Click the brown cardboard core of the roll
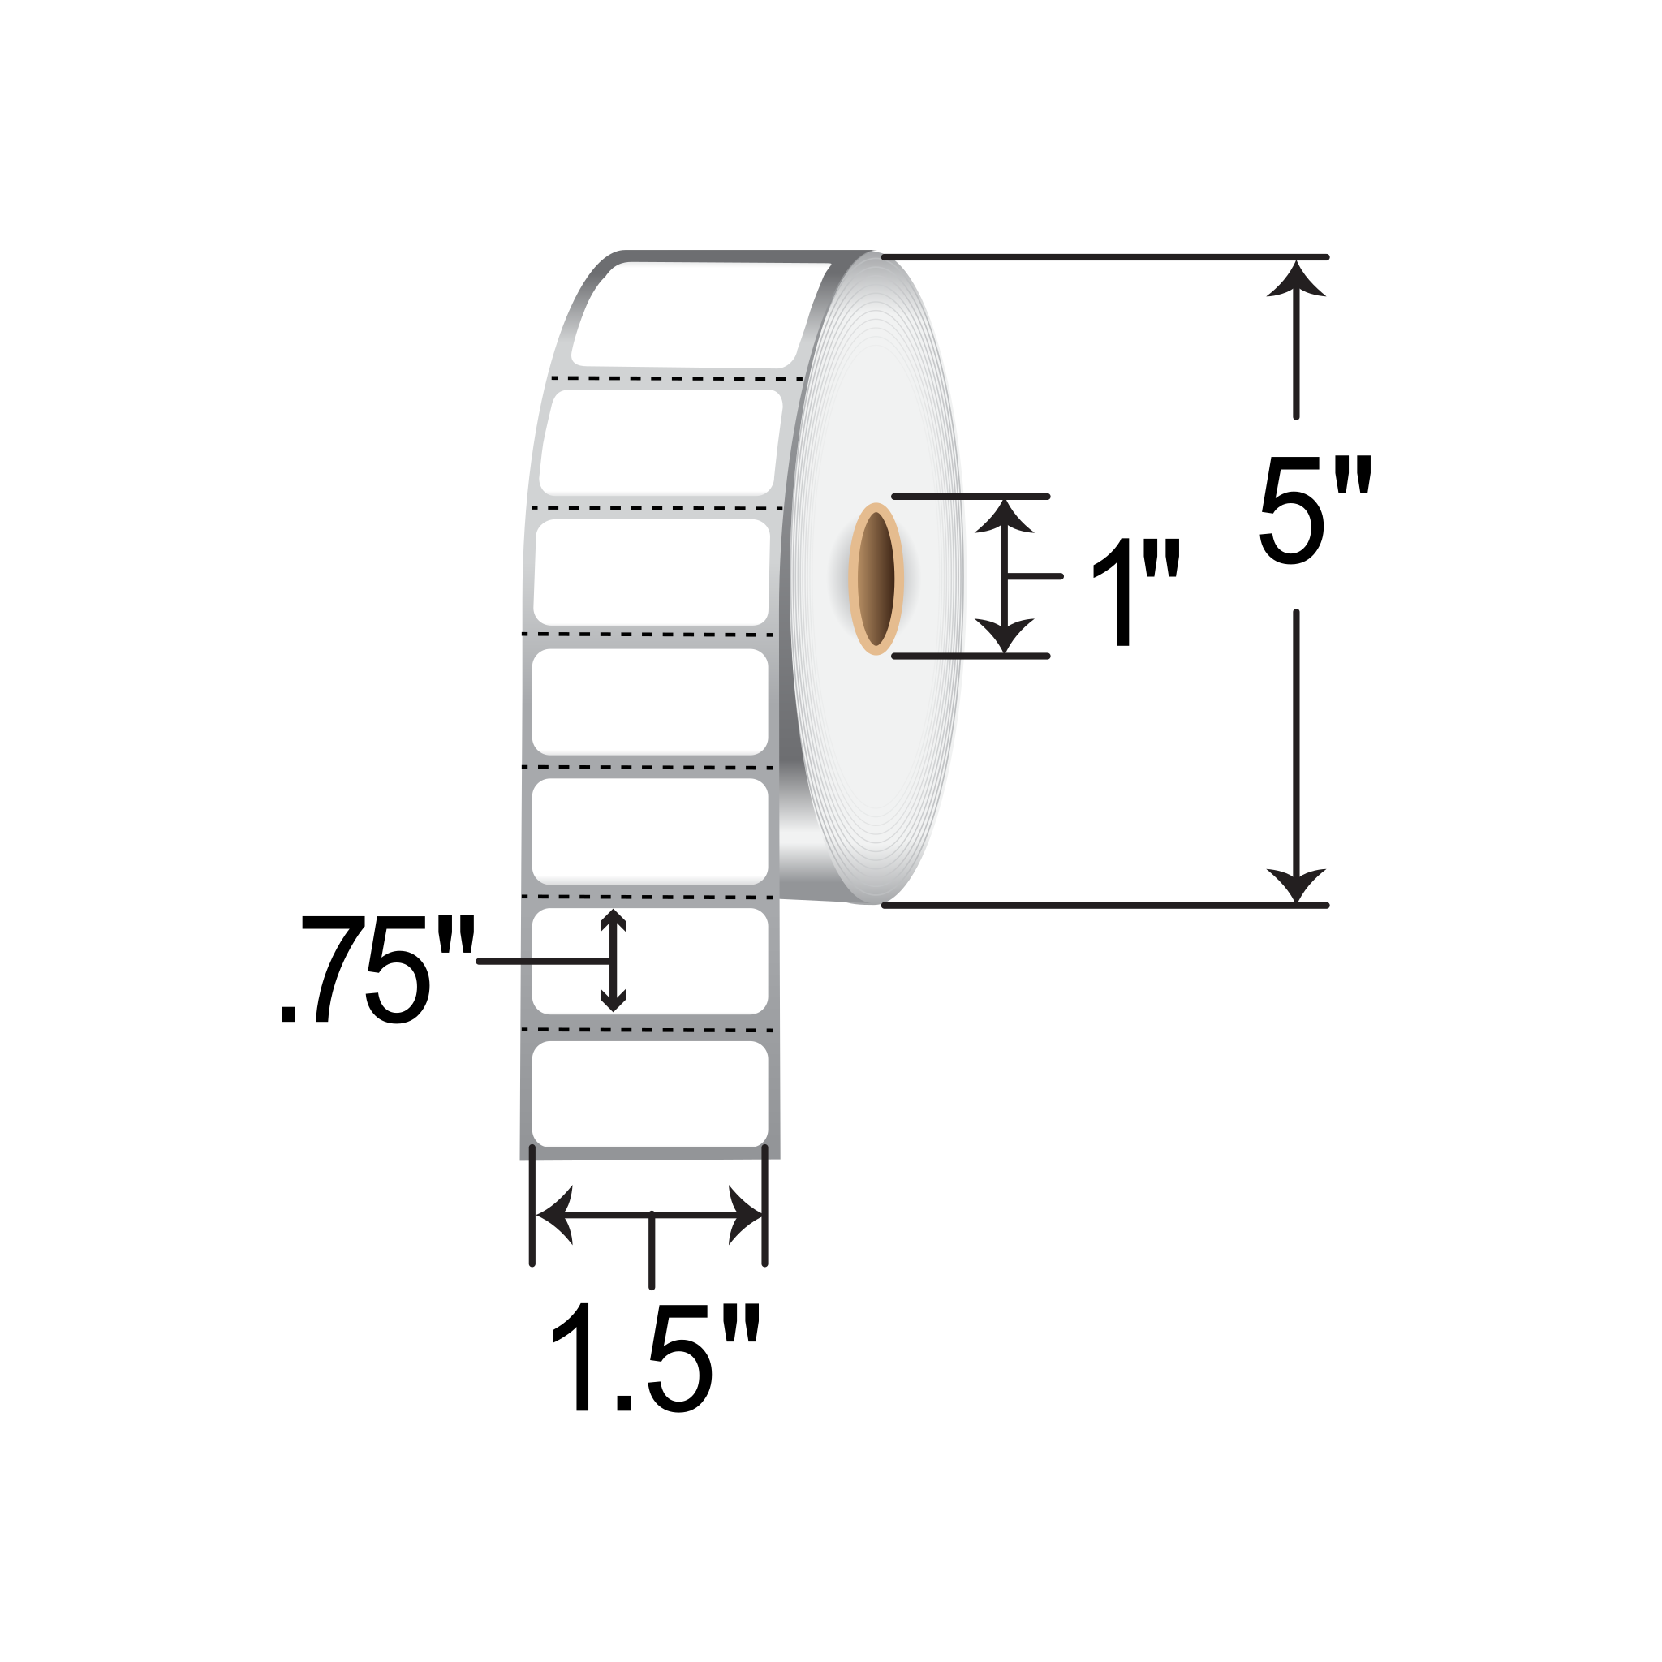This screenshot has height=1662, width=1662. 876,579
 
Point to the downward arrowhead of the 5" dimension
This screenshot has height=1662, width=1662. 1296,885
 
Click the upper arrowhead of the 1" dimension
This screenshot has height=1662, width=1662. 1004,516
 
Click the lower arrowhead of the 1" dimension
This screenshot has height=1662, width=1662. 1004,635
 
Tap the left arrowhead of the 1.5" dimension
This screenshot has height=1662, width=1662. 554,1215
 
